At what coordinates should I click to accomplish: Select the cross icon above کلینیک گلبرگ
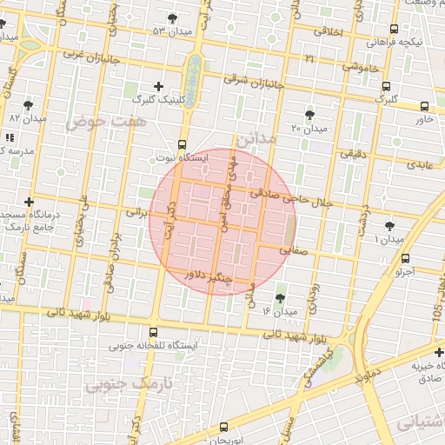point(157,86)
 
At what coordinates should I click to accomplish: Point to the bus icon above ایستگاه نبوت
point(182,144)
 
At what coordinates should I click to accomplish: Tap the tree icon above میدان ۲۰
point(310,116)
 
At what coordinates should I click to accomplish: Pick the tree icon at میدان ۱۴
point(279,298)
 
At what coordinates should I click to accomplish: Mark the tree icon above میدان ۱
point(389,226)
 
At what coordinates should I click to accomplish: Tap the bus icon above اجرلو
point(405,258)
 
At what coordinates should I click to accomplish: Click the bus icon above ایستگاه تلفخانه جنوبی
point(154,332)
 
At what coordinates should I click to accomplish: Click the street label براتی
point(136,211)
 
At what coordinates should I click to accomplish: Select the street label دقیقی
point(354,155)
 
